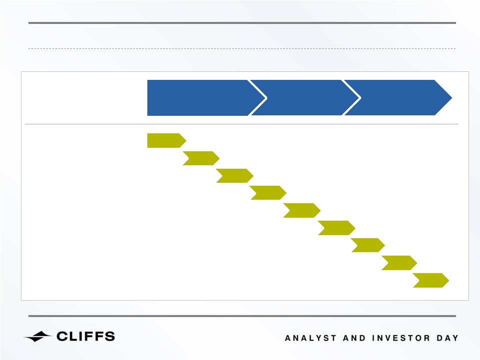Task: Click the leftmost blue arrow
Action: tap(202, 98)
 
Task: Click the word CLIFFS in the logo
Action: tap(86, 337)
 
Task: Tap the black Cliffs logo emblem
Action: tap(37, 337)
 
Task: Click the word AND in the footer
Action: tap(354, 338)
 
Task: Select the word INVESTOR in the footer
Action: tap(401, 338)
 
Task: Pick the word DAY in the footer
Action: tap(448, 338)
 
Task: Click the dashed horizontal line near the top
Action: tap(242, 48)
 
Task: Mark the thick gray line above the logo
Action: tap(242, 316)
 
